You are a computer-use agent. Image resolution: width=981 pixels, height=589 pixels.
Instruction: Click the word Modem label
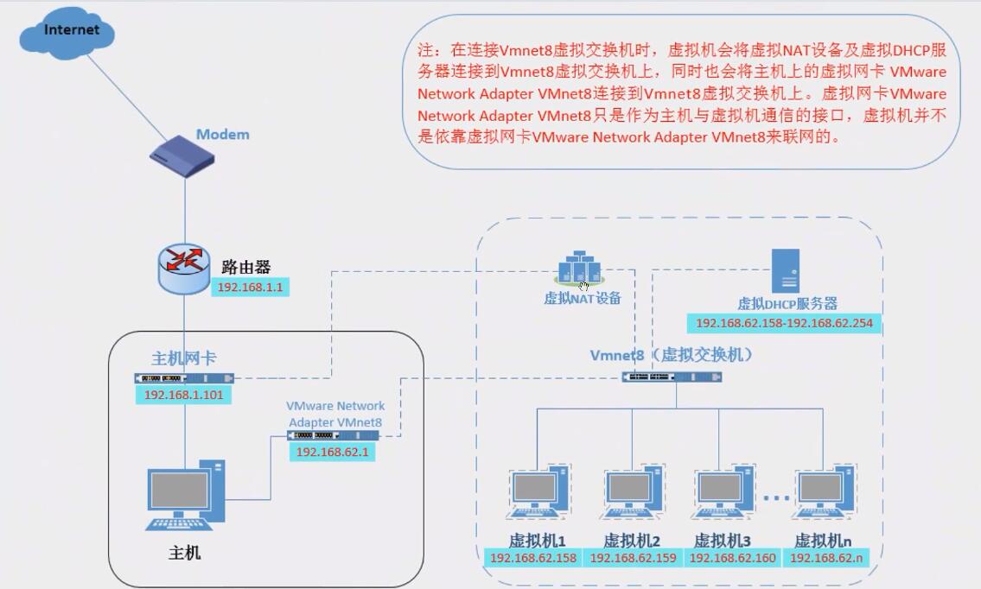pyautogui.click(x=222, y=135)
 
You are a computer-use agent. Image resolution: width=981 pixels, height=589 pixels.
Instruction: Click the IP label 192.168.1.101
pyautogui.click(x=183, y=395)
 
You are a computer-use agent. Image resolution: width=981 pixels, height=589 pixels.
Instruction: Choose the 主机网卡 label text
pyautogui.click(x=183, y=358)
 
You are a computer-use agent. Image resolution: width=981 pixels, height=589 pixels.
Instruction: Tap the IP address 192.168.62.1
pyautogui.click(x=332, y=452)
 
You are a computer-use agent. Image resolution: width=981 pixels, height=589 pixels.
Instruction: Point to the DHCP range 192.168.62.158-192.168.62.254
pyautogui.click(x=784, y=324)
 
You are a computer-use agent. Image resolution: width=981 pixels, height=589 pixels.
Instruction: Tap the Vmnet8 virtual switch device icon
pyautogui.click(x=672, y=377)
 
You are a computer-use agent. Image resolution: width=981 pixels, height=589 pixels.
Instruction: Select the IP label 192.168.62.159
pyautogui.click(x=633, y=559)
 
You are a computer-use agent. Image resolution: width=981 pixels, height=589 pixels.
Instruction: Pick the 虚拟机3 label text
pyautogui.click(x=722, y=541)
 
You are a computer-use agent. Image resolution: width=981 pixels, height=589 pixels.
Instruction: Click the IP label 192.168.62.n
pyautogui.click(x=826, y=559)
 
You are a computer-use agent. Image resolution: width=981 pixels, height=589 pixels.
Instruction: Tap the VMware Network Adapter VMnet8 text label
pyautogui.click(x=335, y=414)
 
